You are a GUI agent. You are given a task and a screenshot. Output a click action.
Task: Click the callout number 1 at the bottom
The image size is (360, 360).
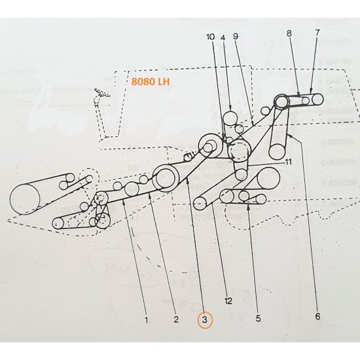tap(147, 320)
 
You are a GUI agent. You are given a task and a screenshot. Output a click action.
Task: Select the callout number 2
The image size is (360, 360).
tap(175, 320)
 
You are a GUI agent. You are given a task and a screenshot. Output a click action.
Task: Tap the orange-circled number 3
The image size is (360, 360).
tap(205, 320)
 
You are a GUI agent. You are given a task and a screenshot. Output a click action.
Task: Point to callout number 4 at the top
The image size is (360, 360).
tap(223, 37)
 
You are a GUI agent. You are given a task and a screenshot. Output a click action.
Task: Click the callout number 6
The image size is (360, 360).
tap(317, 317)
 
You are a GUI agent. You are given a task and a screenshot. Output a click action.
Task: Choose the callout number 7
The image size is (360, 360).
tap(318, 32)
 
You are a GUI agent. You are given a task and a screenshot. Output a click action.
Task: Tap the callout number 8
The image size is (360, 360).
tap(289, 32)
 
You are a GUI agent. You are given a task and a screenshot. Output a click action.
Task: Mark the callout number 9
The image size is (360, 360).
tap(236, 37)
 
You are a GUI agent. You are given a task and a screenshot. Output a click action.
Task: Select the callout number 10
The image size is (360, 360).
tap(209, 37)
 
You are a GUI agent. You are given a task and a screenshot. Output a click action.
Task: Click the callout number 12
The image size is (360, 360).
tap(228, 301)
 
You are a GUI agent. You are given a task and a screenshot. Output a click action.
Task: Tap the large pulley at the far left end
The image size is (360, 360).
tap(26, 199)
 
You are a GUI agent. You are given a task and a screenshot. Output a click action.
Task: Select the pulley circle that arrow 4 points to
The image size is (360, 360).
tap(230, 118)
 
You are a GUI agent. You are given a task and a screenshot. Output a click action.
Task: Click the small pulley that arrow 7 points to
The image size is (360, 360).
tap(317, 100)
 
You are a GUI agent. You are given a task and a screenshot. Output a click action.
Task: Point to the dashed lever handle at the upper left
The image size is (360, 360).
tap(101, 96)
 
